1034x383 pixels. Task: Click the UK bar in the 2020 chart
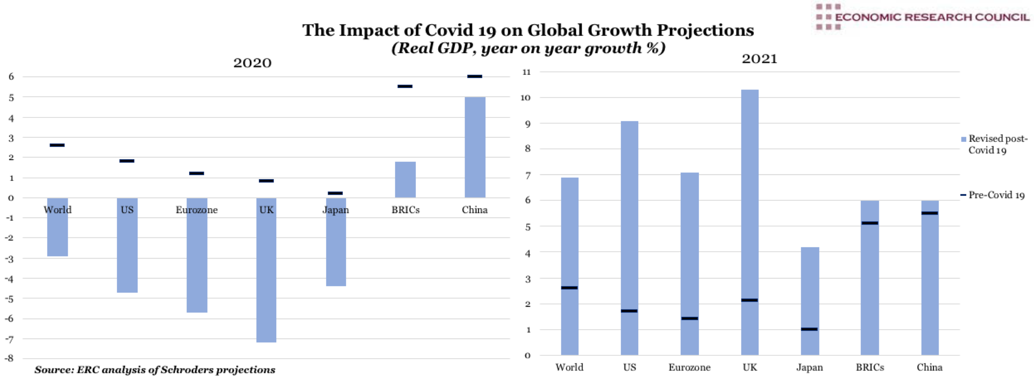pos(266,277)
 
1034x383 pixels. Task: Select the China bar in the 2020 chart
pos(475,147)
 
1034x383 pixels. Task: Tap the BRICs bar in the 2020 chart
pos(405,179)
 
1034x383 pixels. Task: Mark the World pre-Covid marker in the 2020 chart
pos(57,145)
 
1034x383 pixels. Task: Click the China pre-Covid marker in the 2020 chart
pos(475,76)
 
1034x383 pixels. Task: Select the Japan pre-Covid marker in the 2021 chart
pos(809,329)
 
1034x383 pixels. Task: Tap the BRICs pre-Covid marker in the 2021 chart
pos(870,223)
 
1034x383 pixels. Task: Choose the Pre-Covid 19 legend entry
pos(993,195)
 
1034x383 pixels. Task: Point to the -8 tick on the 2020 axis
pos(9,359)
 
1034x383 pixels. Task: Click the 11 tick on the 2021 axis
pos(526,72)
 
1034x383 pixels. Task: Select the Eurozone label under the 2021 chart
pos(689,367)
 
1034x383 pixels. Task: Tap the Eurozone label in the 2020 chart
pos(197,210)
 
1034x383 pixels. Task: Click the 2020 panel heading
pos(253,63)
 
